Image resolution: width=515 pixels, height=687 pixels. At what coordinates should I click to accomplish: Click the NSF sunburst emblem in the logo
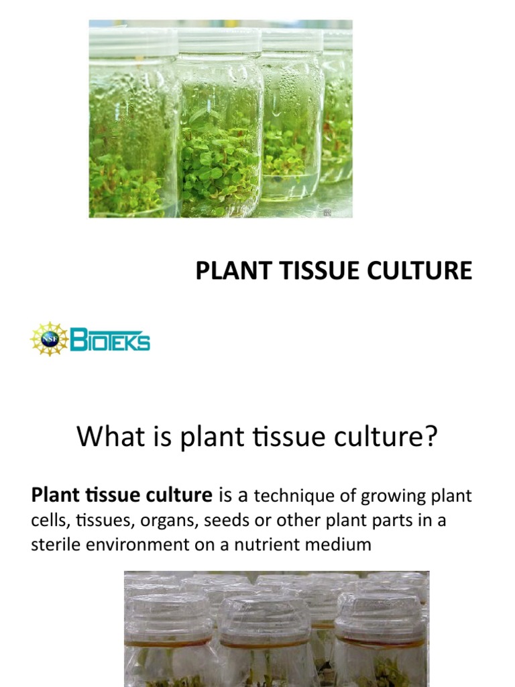point(49,339)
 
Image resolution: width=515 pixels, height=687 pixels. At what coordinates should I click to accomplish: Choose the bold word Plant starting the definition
point(52,496)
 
